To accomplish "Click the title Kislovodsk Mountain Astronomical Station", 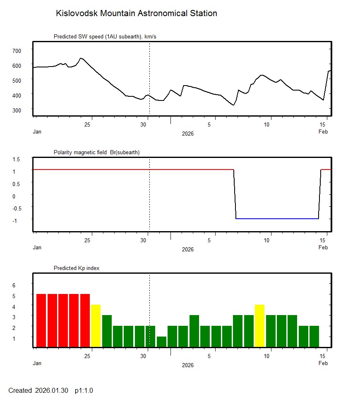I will (x=136, y=13).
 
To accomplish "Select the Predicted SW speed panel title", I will (x=105, y=37).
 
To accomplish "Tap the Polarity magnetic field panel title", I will (x=96, y=152).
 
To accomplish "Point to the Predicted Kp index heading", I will (x=77, y=268).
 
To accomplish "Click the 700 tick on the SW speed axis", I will (x=17, y=50).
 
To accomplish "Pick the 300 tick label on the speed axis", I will (x=17, y=110).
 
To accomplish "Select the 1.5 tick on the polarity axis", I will (x=17, y=159).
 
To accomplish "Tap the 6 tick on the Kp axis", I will (x=14, y=285).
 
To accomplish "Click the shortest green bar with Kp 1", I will (x=161, y=342).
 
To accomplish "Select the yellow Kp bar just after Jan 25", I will (x=96, y=326).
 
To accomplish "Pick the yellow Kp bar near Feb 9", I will (x=259, y=326).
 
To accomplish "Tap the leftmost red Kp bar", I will (x=41, y=320).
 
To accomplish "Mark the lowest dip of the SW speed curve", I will (x=234, y=105).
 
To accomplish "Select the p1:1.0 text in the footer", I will (x=84, y=390).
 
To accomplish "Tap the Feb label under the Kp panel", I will (x=323, y=363).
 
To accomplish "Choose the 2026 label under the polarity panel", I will (x=187, y=249).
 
